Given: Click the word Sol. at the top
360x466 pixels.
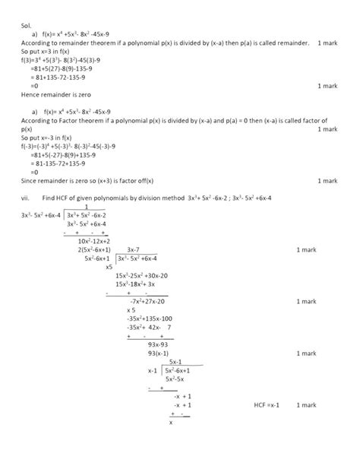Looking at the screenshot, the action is point(27,25).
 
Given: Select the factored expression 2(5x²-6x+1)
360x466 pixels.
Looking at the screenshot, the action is point(94,249).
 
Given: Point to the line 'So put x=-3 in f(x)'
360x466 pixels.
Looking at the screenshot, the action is point(54,138).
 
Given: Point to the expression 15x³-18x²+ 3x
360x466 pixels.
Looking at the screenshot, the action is point(136,284).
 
